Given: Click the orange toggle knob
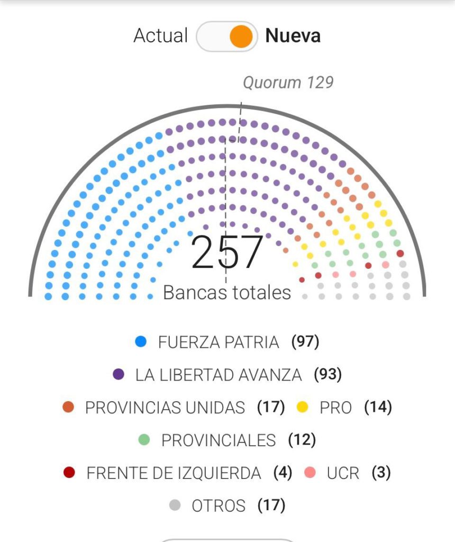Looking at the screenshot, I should [241, 37].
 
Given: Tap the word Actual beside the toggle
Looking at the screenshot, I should [160, 36].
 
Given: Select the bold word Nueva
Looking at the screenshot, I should [293, 36].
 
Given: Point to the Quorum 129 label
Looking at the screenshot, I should [288, 83].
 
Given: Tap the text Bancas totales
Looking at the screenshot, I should [227, 293].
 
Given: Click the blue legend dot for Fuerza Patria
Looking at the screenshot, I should [141, 342].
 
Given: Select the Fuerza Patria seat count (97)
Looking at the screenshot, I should [305, 342].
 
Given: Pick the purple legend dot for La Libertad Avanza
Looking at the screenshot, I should [119, 375].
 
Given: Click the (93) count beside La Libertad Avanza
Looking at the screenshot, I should [327, 375].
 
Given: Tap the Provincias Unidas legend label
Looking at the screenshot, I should [165, 408].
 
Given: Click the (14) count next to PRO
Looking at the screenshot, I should [378, 408].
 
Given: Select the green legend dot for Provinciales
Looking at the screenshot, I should [144, 440].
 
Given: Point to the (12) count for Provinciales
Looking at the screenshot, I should [302, 440].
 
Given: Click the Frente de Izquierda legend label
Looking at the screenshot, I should [174, 473].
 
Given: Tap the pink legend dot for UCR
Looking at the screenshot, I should [310, 473].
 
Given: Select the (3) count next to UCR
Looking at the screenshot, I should [381, 473].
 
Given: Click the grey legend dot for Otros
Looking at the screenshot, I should [175, 505].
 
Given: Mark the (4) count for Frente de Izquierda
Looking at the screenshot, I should [283, 473].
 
